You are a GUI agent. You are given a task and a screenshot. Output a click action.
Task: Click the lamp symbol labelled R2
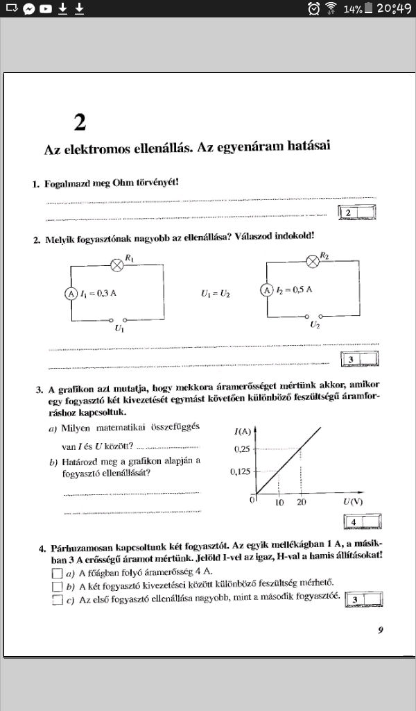point(313,262)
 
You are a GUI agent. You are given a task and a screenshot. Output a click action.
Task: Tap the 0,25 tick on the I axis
point(242,449)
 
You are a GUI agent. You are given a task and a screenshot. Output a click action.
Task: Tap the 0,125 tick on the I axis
point(240,471)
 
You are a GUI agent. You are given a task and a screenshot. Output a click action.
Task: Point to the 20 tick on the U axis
point(301,502)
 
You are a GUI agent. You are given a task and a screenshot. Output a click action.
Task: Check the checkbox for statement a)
point(57,574)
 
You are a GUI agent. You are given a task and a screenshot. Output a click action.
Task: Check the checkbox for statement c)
point(57,601)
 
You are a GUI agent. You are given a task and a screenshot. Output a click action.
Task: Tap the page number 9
point(381,630)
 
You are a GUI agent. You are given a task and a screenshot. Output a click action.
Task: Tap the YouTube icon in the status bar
point(45,9)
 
